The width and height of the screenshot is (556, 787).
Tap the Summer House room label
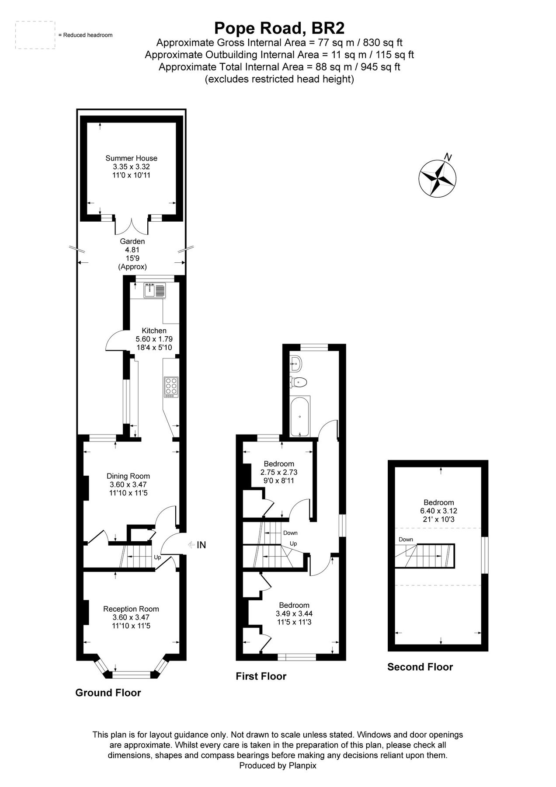[x=131, y=158]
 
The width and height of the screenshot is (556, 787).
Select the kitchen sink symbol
[x=154, y=290]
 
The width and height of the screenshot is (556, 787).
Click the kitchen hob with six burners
[x=170, y=387]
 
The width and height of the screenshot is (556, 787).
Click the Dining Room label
[x=128, y=476]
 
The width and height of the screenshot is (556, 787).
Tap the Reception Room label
[x=131, y=609]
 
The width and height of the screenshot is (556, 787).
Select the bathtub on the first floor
[x=300, y=417]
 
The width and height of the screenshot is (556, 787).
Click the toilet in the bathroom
[x=299, y=382]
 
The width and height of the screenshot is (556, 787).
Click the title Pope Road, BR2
[x=279, y=28]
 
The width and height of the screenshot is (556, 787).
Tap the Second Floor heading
[x=420, y=667]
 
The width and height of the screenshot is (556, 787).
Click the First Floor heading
[x=261, y=676]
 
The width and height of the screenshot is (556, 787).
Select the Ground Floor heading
[x=108, y=693]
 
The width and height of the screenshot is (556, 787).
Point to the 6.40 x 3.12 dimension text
[x=438, y=511]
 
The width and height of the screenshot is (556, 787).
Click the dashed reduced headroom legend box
[x=35, y=35]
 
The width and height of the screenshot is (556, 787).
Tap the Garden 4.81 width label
[x=132, y=250]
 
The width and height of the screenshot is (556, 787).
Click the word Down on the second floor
[x=406, y=540]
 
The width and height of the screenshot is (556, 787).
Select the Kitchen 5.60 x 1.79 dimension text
[x=154, y=339]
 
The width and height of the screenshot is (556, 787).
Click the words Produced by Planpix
[x=278, y=766]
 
